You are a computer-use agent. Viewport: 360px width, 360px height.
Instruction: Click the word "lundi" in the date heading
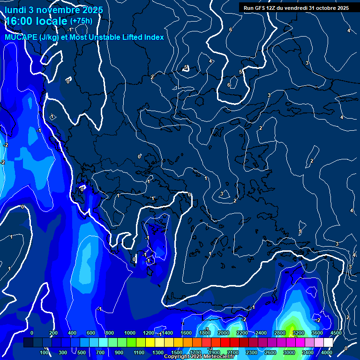pyautogui.click(x=15, y=10)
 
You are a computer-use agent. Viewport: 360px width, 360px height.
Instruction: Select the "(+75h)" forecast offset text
pyautogui.click(x=81, y=21)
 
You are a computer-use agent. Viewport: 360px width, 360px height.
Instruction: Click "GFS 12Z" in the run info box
pyautogui.click(x=270, y=8)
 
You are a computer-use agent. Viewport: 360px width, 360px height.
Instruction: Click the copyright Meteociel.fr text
pyautogui.click(x=199, y=357)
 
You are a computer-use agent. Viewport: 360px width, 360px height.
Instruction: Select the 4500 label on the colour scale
pyautogui.click(x=336, y=333)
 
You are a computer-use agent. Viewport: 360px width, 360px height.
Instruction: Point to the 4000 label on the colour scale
pyautogui.click(x=327, y=352)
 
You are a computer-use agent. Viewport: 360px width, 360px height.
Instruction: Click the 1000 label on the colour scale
pyautogui.click(x=130, y=333)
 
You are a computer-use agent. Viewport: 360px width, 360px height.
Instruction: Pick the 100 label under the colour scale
pyautogui.click(x=45, y=352)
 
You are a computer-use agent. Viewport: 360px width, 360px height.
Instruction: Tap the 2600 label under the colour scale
pyautogui.click(x=270, y=352)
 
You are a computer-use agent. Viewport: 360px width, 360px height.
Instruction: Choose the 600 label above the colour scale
pyautogui.click(x=91, y=333)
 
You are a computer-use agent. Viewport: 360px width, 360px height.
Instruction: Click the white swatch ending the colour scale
pyautogui.click(x=328, y=343)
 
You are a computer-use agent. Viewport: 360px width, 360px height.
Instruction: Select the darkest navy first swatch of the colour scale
pyautogui.click(x=28, y=343)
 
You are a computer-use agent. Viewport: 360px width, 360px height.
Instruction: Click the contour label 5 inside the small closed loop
pyautogui.click(x=186, y=67)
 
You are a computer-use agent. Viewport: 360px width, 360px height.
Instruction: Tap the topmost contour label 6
pyautogui.click(x=230, y=30)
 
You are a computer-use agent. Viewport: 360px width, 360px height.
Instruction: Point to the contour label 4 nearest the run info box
pyautogui.click(x=348, y=30)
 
